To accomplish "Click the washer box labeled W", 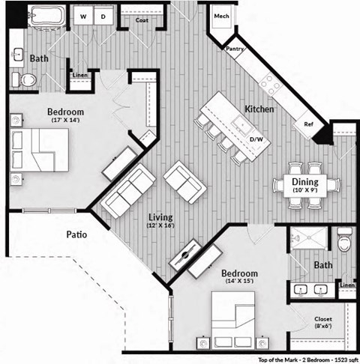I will [82, 16].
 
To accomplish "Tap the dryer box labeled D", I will [103, 16].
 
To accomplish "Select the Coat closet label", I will [141, 20].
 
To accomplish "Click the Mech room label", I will [220, 16].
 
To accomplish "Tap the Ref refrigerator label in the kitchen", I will [308, 124].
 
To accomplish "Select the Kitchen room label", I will [259, 109].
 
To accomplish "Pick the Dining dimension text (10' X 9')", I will [305, 191].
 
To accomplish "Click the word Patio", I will [76, 234].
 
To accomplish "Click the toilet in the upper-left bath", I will [25, 79].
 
